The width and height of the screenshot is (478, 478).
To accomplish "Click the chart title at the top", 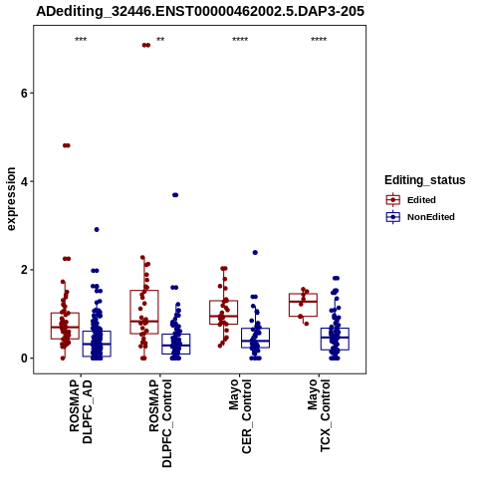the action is pos(200,12).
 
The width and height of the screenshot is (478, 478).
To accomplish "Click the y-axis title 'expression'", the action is pos(11,199).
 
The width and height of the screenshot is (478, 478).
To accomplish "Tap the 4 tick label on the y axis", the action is pos(23,181).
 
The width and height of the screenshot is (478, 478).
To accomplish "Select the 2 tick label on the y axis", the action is pos(23,270).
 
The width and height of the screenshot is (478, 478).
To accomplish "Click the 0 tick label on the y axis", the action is pos(23,358).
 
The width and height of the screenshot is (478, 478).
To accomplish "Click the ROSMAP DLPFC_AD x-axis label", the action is pos(81,411).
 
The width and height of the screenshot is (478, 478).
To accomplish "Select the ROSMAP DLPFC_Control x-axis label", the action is pos(160,423).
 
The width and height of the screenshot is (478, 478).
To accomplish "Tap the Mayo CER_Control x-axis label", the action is pos(240,416).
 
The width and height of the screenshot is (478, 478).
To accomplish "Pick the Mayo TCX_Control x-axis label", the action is pos(319,415).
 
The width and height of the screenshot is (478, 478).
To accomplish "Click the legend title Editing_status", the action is pos(425,180).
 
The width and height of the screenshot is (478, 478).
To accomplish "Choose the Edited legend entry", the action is pos(410,200).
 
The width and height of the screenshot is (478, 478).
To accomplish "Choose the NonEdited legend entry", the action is pos(420,217).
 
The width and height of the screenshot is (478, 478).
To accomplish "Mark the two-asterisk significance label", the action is pos(160,40).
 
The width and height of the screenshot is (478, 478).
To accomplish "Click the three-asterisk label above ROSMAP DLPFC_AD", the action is pos(81,40).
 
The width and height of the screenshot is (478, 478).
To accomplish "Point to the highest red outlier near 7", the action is pos(146,45).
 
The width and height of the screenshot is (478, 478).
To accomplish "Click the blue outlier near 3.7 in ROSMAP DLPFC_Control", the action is pos(175,195).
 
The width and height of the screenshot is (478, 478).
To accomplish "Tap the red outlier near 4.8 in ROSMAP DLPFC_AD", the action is pos(67,145).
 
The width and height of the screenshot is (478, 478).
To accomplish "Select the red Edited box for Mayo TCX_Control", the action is pos(303,305).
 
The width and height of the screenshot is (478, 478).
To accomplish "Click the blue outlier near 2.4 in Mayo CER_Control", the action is pos(255,253).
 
